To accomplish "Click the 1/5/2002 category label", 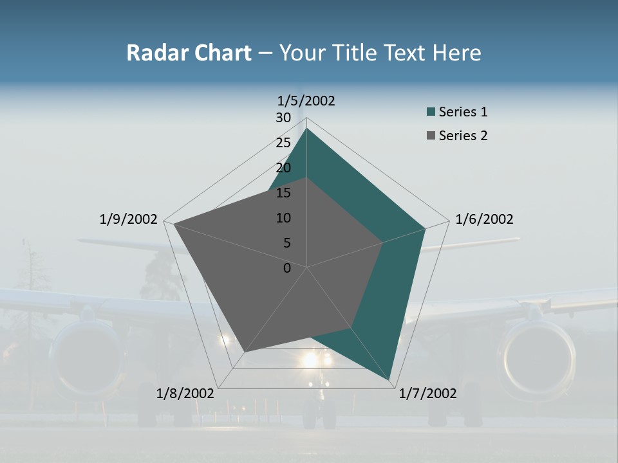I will click(306, 101).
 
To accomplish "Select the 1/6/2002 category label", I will click(484, 219).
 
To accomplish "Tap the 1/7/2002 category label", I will click(428, 394).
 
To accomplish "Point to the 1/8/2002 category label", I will click(185, 394).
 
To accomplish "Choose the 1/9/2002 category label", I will click(129, 219).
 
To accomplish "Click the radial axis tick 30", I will click(283, 118).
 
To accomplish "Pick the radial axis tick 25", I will click(283, 143).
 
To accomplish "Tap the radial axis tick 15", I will click(283, 193).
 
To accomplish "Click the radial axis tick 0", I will click(287, 268).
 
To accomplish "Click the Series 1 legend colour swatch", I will click(431, 113).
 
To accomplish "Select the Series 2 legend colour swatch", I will click(431, 136).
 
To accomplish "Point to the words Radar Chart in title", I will click(189, 53).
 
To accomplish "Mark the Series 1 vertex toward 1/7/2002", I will click(391, 380).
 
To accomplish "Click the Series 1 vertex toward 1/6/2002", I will click(425, 228).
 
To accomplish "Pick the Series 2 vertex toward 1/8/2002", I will click(245, 352).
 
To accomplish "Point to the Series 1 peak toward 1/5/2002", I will click(307, 129).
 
